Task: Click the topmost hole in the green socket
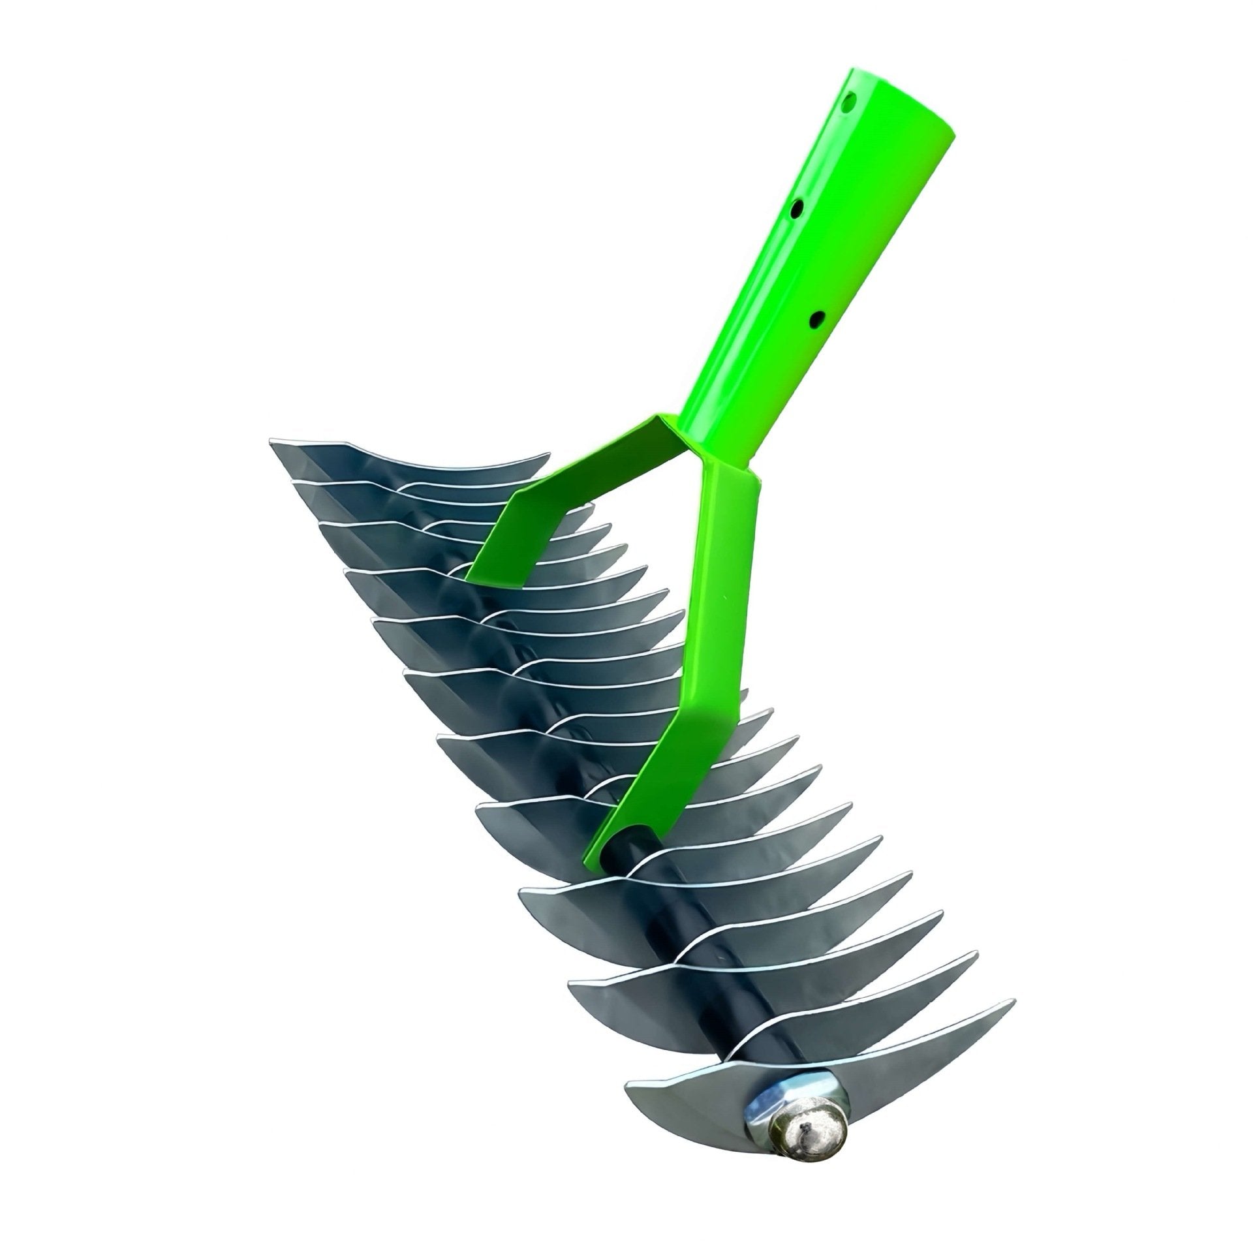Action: (848, 102)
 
